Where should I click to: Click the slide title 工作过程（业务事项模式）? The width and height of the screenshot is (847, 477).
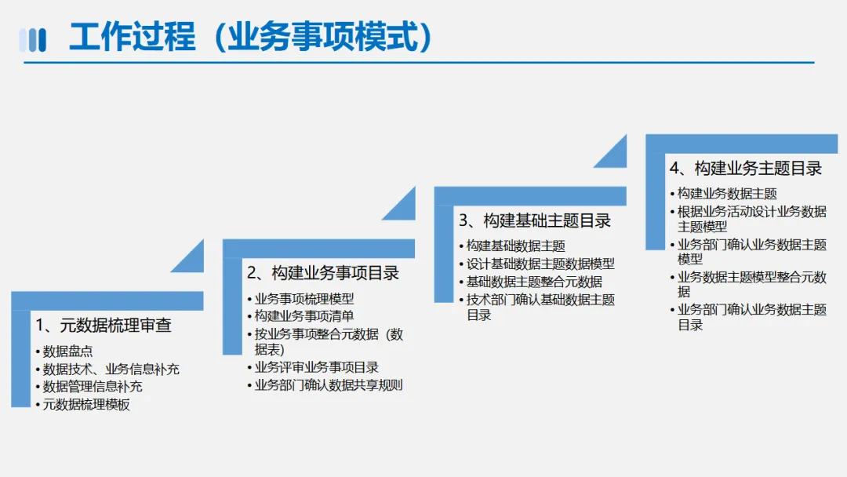pyautogui.click(x=251, y=37)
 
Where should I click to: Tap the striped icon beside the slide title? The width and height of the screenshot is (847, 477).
pyautogui.click(x=33, y=39)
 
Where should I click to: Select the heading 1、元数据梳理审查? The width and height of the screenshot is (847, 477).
pyautogui.click(x=103, y=325)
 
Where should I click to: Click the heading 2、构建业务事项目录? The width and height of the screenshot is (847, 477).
pyautogui.click(x=323, y=273)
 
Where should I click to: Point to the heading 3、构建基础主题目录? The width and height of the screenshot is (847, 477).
pyautogui.click(x=535, y=220)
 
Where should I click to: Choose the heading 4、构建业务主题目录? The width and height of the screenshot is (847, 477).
pyautogui.click(x=745, y=168)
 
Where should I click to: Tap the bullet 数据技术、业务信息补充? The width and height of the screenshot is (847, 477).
pyautogui.click(x=111, y=369)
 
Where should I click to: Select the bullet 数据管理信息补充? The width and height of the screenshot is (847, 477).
pyautogui.click(x=93, y=387)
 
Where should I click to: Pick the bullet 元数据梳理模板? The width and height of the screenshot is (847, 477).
pyautogui.click(x=86, y=405)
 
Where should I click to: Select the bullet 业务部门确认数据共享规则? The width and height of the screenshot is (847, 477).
pyautogui.click(x=329, y=385)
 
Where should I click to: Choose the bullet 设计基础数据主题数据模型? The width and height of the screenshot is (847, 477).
pyautogui.click(x=540, y=264)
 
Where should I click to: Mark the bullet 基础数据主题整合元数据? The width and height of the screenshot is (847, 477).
pyautogui.click(x=534, y=282)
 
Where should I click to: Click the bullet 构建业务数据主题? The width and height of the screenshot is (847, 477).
pyautogui.click(x=727, y=194)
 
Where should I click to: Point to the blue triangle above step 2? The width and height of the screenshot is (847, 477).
pyautogui.click(x=191, y=260)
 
